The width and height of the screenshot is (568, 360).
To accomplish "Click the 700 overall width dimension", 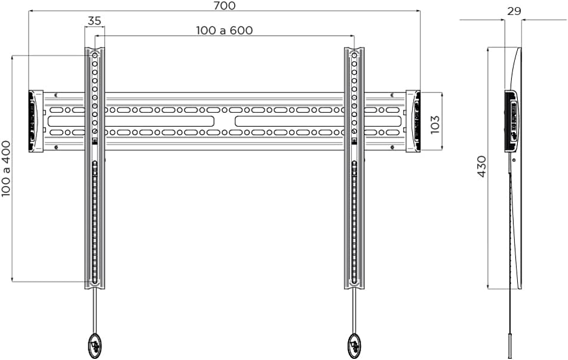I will coord(225,6).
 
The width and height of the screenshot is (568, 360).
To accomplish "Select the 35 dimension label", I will coord(94,20).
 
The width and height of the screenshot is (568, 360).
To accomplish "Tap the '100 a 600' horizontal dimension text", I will coord(225,30).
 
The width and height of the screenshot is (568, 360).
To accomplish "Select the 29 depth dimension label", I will coord(513,11).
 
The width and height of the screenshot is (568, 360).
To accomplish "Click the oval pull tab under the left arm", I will coord(94,344).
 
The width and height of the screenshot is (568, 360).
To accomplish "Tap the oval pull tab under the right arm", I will coord(354,344).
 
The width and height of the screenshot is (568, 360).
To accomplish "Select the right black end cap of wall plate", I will coord(413,121).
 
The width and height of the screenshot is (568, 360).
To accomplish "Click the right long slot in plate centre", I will coord(290,121).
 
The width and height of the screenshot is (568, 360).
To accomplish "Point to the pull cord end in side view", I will coord(511,346).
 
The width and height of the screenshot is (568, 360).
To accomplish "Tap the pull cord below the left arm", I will coord(94,310).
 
